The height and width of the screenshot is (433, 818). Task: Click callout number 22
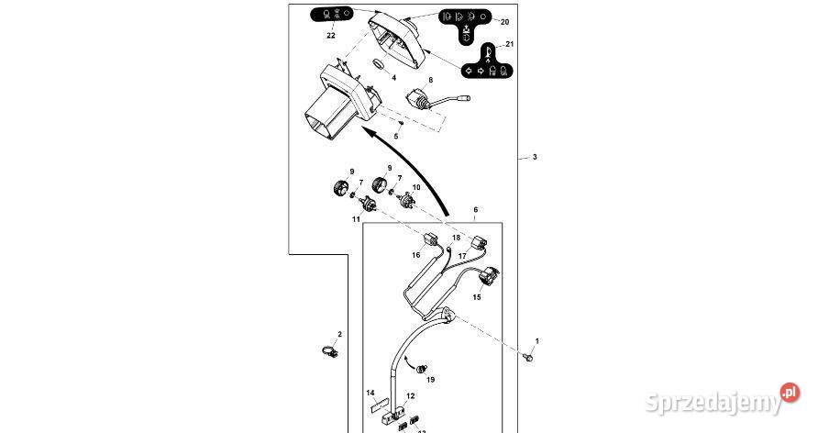[331, 36]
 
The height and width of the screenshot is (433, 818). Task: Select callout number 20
[504, 22]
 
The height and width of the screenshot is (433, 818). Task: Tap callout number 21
[510, 44]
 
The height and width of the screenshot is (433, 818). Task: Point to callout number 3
[535, 157]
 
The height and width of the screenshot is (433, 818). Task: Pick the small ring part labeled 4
[378, 65]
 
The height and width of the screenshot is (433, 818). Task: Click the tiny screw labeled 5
[401, 123]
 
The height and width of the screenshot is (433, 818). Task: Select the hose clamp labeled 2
[330, 352]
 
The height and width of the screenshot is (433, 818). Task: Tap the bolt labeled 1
[528, 357]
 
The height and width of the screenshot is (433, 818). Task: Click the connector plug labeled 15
[489, 276]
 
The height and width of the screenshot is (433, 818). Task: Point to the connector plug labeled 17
[480, 243]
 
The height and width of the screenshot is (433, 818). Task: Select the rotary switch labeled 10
[407, 199]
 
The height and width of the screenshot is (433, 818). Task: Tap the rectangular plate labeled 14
[380, 406]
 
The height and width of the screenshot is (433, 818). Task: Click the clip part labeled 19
[420, 370]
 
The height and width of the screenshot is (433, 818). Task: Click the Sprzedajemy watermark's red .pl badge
[790, 393]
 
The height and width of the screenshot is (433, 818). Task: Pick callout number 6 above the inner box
[475, 210]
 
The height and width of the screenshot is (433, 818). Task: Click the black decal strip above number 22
[330, 14]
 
